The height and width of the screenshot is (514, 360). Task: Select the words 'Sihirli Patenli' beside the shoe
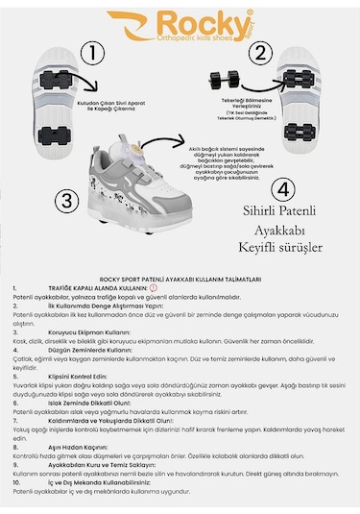(x=276, y=207)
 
